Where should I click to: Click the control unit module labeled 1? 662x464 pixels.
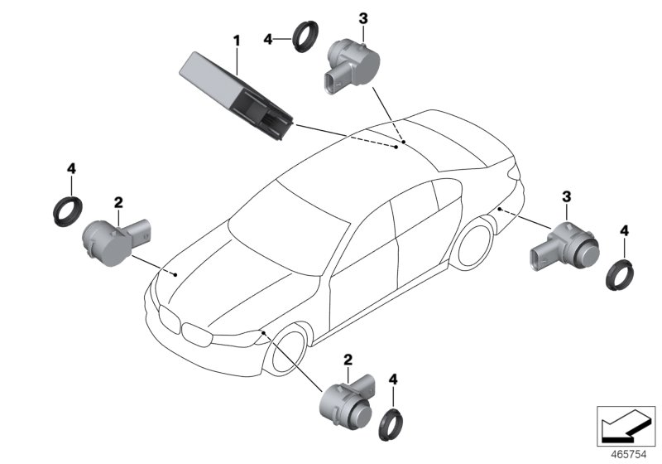[236, 93]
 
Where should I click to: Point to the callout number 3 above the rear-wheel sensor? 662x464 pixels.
[567, 196]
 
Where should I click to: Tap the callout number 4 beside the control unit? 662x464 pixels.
[267, 39]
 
